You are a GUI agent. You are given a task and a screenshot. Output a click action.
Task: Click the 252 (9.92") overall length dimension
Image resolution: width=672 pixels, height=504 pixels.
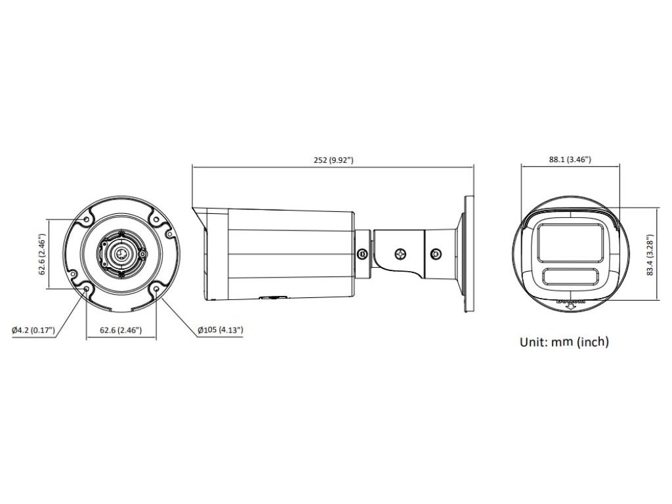[333, 159]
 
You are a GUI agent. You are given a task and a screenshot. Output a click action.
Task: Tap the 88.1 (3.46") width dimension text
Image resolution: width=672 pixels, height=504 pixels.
[570, 159]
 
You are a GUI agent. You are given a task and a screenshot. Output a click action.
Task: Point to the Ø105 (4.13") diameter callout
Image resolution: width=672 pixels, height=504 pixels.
[220, 329]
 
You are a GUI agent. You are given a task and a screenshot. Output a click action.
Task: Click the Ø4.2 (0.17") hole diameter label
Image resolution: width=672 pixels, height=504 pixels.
[33, 329]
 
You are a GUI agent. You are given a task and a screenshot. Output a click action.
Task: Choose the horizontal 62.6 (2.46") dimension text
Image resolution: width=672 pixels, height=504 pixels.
[121, 329]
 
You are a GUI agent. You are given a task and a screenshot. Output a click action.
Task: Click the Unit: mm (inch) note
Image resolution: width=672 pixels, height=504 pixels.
[564, 341]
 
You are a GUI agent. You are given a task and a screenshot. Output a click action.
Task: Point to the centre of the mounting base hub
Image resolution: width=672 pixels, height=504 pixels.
[121, 253]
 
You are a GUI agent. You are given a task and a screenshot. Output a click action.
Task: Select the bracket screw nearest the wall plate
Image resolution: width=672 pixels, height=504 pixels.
[436, 253]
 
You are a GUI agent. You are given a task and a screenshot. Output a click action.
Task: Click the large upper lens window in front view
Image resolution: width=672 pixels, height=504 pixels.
[570, 242]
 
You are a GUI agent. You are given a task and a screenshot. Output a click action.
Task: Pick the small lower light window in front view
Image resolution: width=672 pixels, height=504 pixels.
[570, 276]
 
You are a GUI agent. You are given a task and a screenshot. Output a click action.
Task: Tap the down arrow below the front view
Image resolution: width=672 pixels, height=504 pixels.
[570, 304]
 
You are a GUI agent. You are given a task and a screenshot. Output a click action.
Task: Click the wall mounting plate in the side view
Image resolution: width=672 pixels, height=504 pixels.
[469, 253]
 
